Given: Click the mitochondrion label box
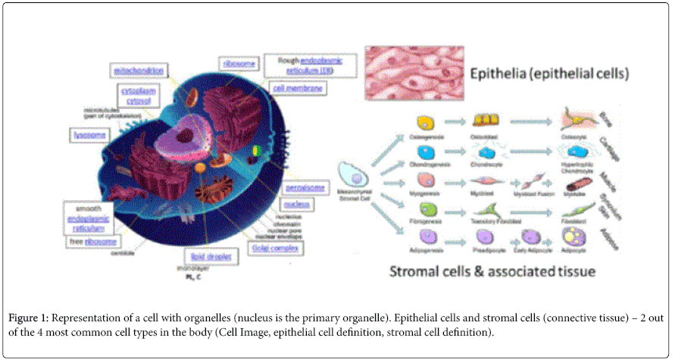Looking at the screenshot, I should [139, 70].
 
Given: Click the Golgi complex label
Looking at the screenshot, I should [278, 248].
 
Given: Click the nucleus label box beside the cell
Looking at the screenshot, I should [295, 205].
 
